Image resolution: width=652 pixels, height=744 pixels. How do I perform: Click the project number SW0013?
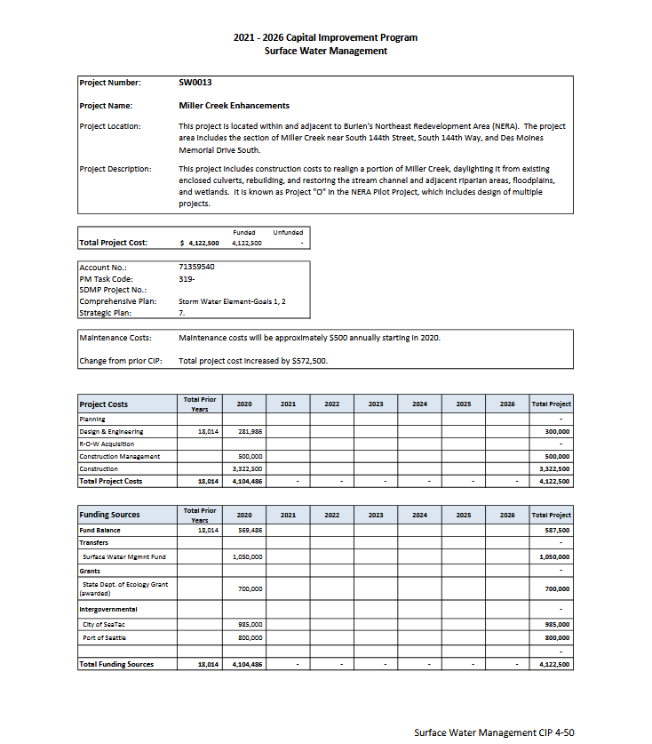pos(195,83)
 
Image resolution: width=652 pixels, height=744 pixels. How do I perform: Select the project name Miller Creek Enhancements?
pos(234,106)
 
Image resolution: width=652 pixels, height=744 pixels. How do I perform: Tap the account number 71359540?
pos(196,267)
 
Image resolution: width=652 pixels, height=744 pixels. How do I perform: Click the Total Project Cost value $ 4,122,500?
pos(200,243)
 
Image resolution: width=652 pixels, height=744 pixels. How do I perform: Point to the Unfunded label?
pos(288,233)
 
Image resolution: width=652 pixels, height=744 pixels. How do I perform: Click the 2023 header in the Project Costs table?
pos(376,404)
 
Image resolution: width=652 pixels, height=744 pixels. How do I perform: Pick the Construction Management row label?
pos(120,456)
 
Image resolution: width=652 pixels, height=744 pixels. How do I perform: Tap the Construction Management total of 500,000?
pos(556,456)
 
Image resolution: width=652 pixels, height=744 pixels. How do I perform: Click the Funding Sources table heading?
pos(109,515)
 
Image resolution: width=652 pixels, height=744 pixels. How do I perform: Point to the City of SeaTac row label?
pos(104,625)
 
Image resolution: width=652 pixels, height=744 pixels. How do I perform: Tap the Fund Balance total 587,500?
pos(556,531)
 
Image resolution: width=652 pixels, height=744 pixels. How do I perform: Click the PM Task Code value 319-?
pos(187,278)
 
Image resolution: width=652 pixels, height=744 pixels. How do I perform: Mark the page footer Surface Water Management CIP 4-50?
pos(499,732)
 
